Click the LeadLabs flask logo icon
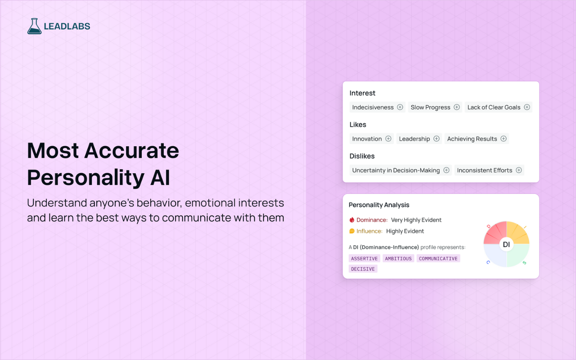[34, 26]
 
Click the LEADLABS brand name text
[67, 27]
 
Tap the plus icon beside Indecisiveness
[400, 107]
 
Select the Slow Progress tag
[430, 107]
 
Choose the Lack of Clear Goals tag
[494, 107]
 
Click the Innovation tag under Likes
[367, 139]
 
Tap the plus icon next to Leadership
[436, 139]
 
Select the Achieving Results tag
[472, 139]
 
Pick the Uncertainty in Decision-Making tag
[396, 170]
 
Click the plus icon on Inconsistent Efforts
[519, 170]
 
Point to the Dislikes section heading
[362, 156]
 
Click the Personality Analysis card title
[379, 205]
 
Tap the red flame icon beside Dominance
[352, 220]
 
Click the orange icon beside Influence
[352, 231]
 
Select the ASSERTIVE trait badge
[364, 259]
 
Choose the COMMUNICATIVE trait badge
[438, 259]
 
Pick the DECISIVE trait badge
[363, 269]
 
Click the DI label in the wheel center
[506, 244]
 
